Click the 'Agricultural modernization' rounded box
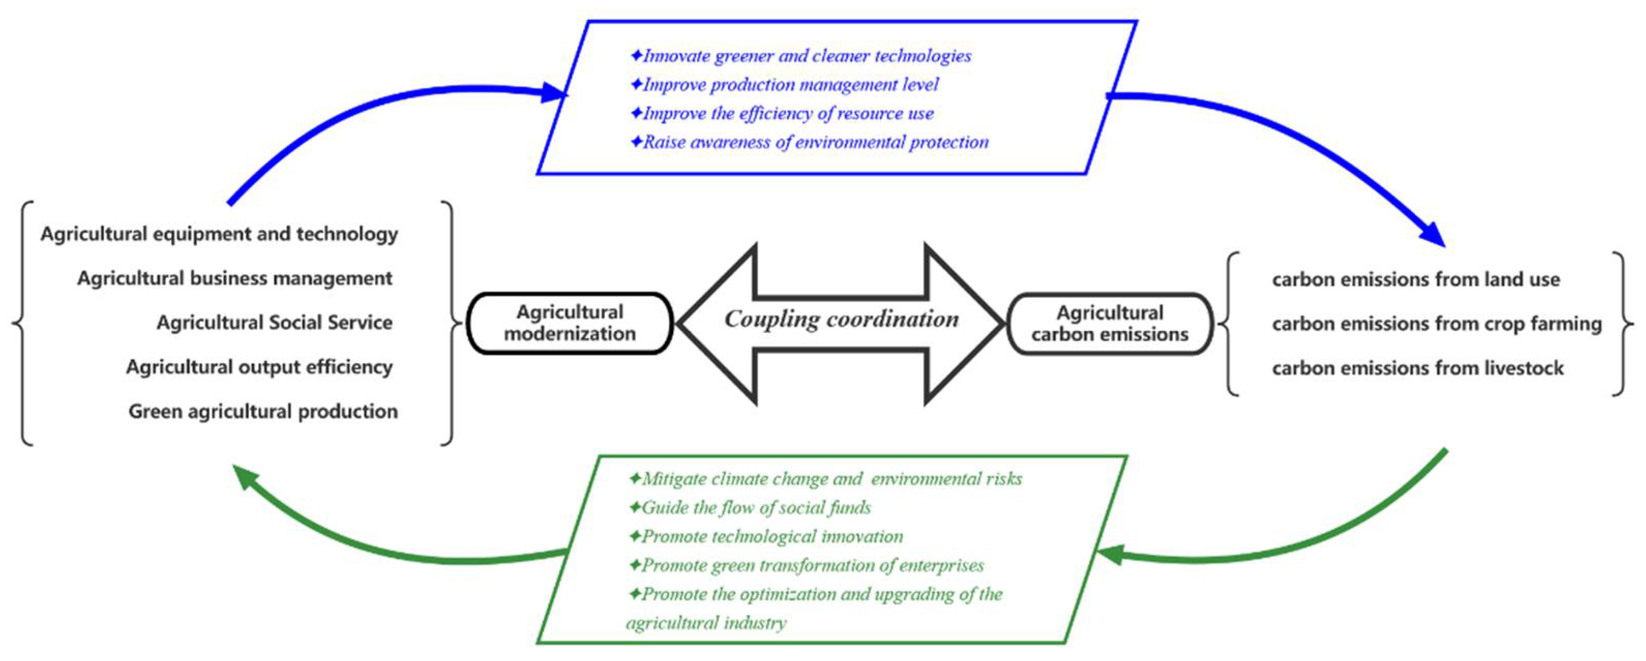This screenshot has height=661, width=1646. tap(570, 323)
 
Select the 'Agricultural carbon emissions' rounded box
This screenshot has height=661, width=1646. tap(1109, 324)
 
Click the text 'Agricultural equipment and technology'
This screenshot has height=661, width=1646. tap(219, 234)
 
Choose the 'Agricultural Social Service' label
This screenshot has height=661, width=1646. tap(274, 323)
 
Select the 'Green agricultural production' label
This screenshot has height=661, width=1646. tap(263, 412)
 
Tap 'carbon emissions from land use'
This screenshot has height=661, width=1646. tap(1415, 280)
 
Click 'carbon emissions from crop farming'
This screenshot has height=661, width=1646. tap(1436, 324)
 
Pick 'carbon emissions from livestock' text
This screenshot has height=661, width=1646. tap(1417, 368)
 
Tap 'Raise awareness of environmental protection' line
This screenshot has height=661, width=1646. tap(815, 142)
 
